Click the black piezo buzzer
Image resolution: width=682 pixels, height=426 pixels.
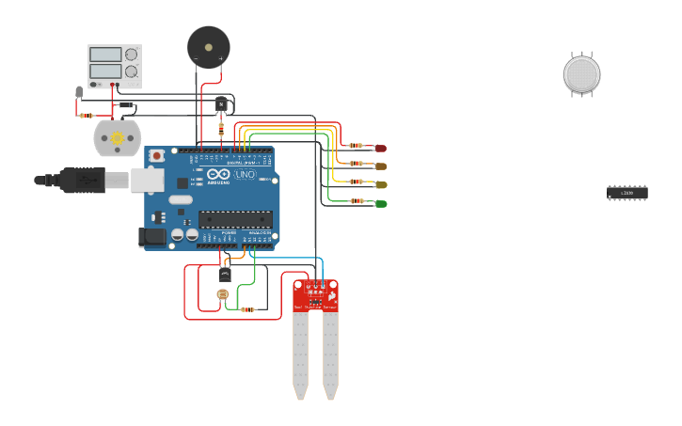[208, 46]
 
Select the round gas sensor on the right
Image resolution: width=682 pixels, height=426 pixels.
[581, 75]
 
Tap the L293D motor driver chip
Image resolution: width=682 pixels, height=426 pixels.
[626, 193]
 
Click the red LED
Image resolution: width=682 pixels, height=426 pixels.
[380, 148]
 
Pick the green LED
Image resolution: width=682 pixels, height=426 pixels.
[380, 203]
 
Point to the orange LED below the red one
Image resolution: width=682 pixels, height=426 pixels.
[380, 166]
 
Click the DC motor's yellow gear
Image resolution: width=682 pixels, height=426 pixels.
[118, 138]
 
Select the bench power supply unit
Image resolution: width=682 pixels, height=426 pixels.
[115, 65]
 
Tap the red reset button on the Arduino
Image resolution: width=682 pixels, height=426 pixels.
[158, 153]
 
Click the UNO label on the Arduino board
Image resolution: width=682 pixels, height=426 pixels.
[244, 175]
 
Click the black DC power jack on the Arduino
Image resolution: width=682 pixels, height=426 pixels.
[151, 238]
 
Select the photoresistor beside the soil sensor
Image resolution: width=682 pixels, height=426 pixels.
[223, 294]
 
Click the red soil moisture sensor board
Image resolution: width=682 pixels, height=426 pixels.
[315, 295]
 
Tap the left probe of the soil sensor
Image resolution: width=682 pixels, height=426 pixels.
[300, 353]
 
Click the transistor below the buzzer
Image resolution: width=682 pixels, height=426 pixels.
[221, 104]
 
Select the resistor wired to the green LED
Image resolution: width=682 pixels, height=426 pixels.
[357, 200]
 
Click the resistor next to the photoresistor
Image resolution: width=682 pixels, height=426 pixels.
[247, 308]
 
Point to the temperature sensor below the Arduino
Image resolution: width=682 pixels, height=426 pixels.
[226, 274]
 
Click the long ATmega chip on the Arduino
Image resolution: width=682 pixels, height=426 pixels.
[235, 219]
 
